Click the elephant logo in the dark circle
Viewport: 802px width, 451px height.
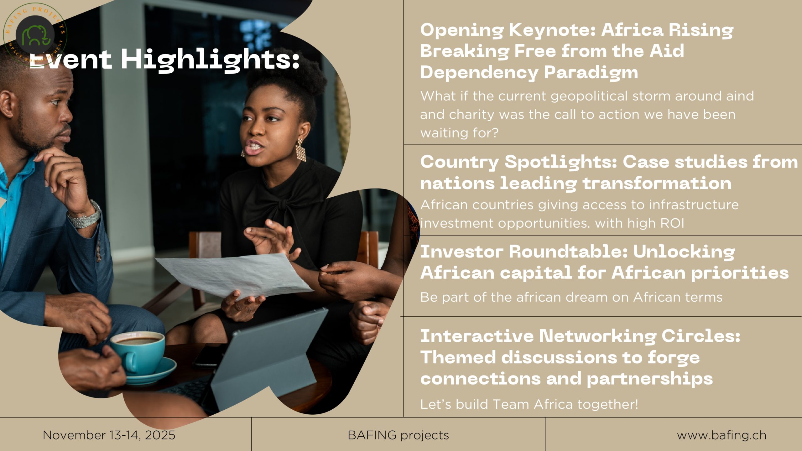(36, 35)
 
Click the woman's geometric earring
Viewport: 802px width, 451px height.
(300, 150)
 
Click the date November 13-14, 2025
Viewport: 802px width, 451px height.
(109, 435)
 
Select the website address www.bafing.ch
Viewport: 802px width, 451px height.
(721, 435)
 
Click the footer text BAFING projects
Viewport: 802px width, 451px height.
(398, 435)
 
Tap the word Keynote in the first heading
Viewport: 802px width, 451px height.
(552, 31)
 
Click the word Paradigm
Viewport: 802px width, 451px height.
(591, 73)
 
